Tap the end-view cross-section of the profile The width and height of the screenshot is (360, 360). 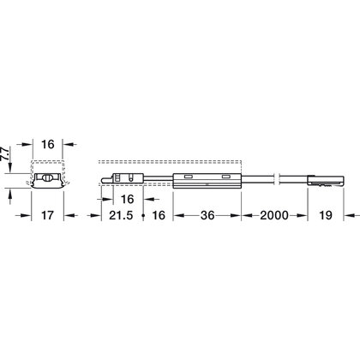coord(51,179)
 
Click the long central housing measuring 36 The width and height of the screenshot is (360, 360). coord(207,179)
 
